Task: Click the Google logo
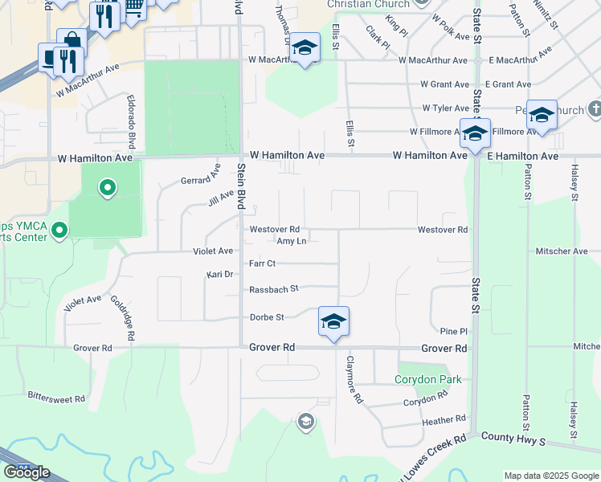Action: point(27,472)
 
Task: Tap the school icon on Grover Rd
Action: point(333,323)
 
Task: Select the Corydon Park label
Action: point(428,379)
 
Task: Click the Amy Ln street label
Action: point(291,241)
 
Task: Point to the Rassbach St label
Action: point(273,288)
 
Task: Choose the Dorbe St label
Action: point(267,317)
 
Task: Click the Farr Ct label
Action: point(262,263)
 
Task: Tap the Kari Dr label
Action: point(219,275)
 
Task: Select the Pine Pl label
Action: point(453,331)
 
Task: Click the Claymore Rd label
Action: point(354,380)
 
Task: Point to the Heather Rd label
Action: point(444,419)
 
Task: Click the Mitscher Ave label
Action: point(562,251)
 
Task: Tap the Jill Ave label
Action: point(221,198)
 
